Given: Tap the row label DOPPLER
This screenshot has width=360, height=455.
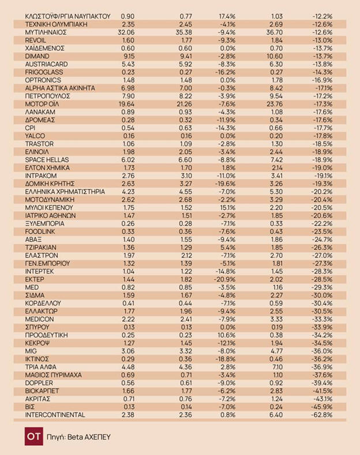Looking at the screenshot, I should (40, 383).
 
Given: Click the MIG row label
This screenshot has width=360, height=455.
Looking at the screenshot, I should (32, 350).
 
